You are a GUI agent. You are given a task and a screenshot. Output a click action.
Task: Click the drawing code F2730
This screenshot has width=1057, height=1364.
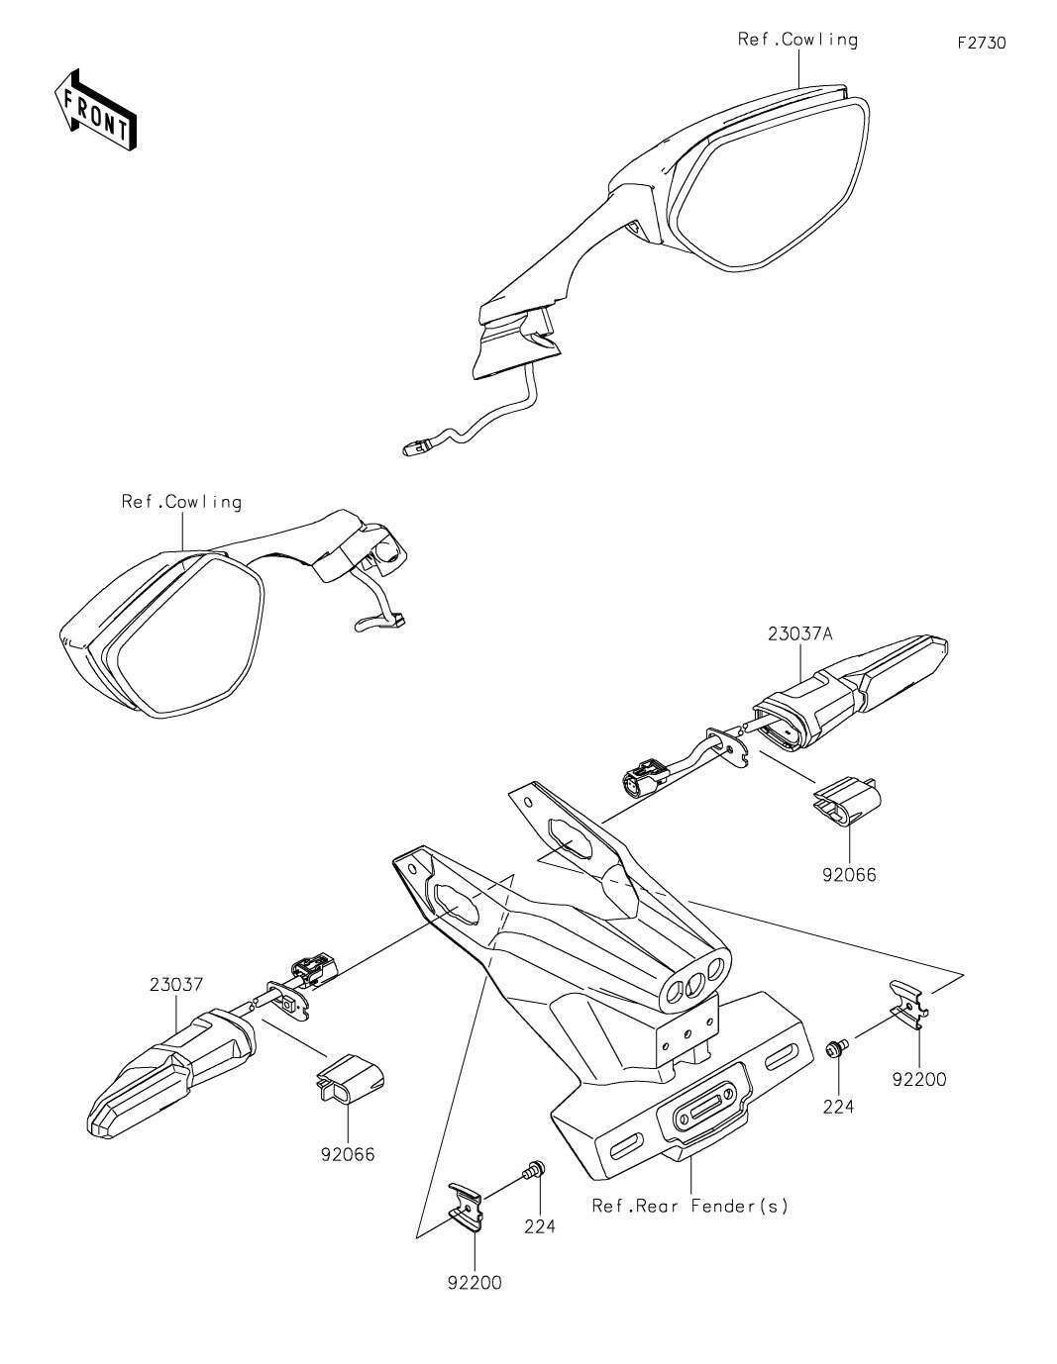click(981, 44)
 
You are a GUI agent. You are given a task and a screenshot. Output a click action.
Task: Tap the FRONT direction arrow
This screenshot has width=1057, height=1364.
click(95, 111)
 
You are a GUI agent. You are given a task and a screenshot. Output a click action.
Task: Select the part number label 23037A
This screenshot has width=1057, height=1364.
click(799, 633)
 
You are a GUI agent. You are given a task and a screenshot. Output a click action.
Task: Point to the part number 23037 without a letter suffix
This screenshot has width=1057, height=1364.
click(176, 984)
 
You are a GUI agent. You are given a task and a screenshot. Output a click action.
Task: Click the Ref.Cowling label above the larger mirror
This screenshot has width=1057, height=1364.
click(797, 40)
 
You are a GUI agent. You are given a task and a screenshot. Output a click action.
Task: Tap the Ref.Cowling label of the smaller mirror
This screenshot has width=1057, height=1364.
click(181, 502)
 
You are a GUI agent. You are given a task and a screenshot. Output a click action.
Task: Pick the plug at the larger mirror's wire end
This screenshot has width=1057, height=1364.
click(414, 448)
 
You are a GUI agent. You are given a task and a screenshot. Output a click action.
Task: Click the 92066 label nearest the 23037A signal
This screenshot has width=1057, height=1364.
click(849, 874)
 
